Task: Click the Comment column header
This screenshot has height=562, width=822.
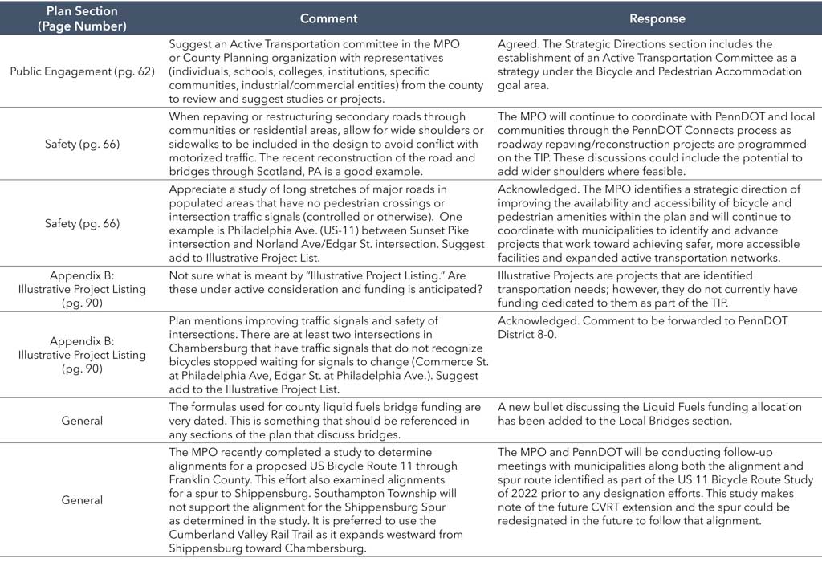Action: [330, 18]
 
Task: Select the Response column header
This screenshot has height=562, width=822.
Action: [657, 18]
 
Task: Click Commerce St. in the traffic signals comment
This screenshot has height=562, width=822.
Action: [454, 362]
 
